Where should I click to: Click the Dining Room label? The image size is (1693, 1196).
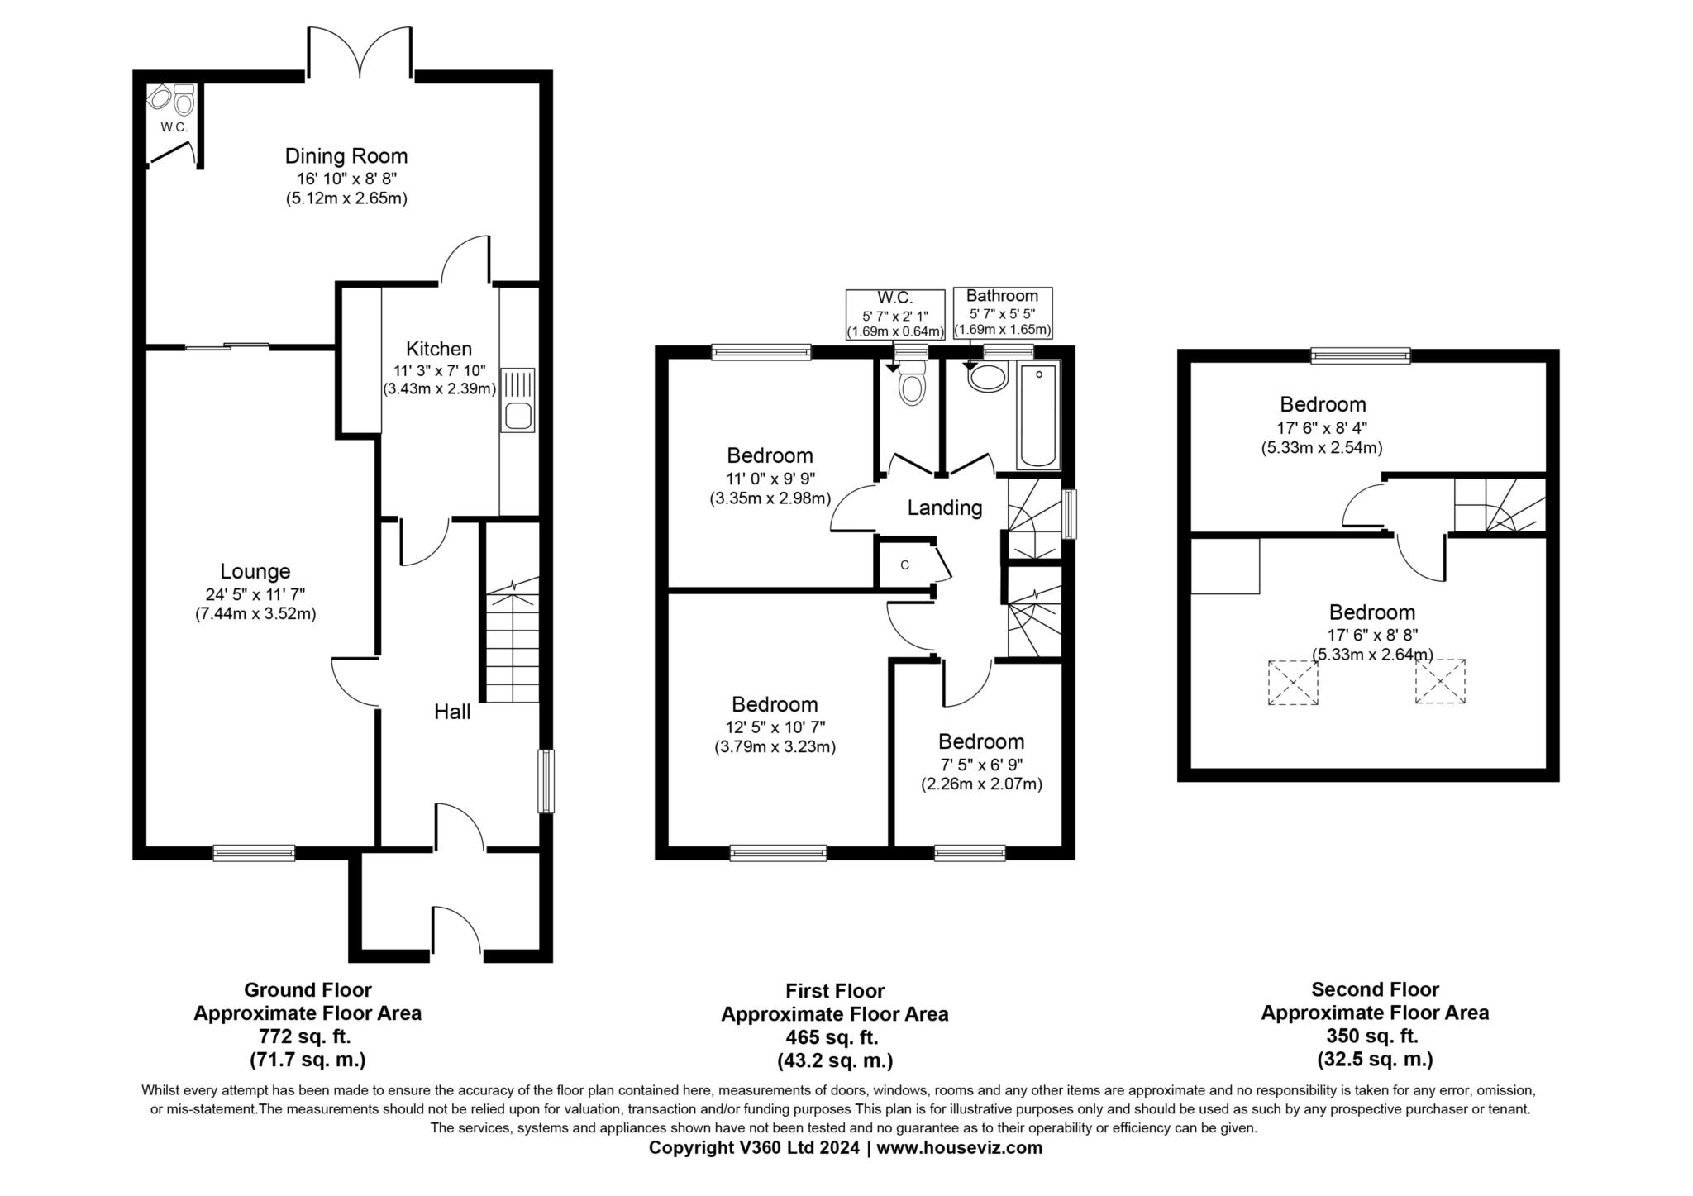346,155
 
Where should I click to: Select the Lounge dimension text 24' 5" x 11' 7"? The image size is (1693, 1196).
255,593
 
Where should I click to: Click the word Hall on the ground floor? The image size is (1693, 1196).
452,712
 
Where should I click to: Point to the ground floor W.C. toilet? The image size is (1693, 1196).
184,100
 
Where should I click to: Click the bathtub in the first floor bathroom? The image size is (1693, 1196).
1038,416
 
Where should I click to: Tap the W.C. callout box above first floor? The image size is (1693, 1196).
895,314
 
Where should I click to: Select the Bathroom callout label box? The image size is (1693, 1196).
1003,313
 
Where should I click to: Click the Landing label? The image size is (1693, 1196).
945,507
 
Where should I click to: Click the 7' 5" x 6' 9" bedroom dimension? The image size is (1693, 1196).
981,765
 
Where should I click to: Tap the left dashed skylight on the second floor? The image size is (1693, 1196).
1293,682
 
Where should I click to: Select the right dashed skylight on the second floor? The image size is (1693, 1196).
1440,681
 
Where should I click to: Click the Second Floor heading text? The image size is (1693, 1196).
1375,989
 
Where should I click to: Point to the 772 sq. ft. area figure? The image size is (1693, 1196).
308,1036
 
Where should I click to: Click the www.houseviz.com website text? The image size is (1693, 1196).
960,1148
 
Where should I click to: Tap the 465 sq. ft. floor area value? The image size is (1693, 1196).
835,1036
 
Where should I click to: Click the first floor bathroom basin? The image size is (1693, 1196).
987,377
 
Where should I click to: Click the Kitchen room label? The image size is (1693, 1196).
439,349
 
